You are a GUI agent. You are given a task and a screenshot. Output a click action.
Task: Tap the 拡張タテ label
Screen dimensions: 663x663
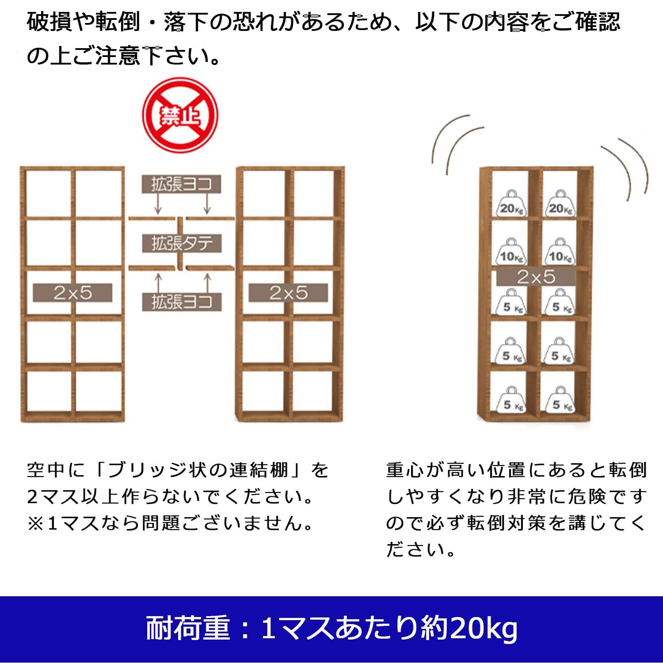[182, 243]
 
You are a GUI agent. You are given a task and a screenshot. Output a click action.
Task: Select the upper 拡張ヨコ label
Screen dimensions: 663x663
[181, 184]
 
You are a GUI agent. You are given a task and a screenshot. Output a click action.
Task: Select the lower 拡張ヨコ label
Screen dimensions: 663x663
[182, 302]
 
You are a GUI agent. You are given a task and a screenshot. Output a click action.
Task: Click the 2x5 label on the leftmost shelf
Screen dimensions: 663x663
[72, 293]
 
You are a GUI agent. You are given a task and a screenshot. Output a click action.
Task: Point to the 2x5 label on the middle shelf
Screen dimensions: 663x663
[288, 293]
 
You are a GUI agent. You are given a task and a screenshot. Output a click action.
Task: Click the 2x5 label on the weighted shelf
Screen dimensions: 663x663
[536, 277]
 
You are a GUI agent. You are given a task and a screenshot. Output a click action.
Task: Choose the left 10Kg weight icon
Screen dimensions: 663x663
[511, 252]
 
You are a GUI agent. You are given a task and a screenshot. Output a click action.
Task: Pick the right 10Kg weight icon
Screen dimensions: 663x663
[560, 252]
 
